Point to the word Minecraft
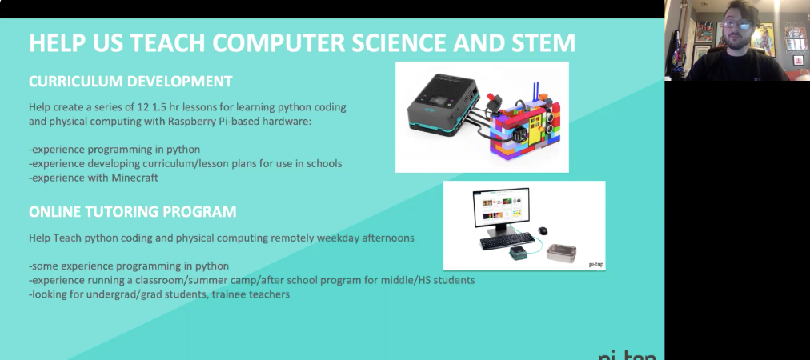[134, 178]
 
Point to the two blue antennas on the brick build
[536, 91]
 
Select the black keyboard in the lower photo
[507, 241]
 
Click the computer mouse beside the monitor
[543, 230]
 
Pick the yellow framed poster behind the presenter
[763, 38]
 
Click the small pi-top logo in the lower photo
[596, 265]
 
